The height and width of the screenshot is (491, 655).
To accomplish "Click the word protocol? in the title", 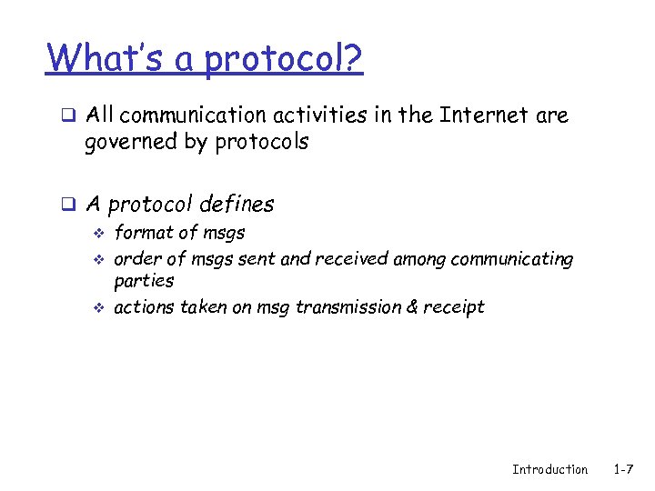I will click(284, 61).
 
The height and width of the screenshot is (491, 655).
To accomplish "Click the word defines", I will click(236, 204).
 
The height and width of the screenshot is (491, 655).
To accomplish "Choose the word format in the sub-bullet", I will click(141, 233).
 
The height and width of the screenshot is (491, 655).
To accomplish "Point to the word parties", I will click(144, 282).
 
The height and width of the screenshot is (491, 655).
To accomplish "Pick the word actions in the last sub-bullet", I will click(144, 307).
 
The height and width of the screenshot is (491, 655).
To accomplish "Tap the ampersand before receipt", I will click(412, 307).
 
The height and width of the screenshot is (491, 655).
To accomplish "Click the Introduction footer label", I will click(549, 469).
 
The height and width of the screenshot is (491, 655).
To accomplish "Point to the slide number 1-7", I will click(623, 469).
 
